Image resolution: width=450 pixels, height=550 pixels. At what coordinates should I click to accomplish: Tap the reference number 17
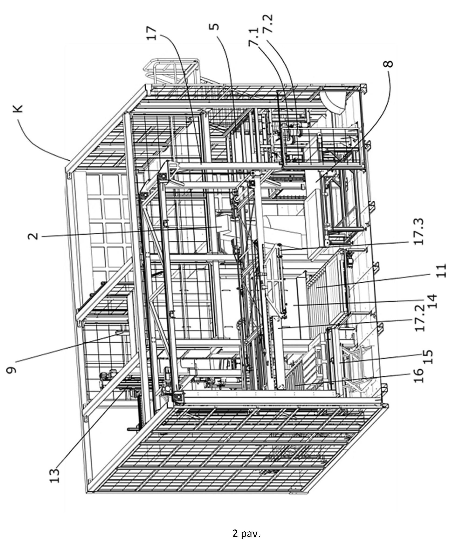tap(152, 33)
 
